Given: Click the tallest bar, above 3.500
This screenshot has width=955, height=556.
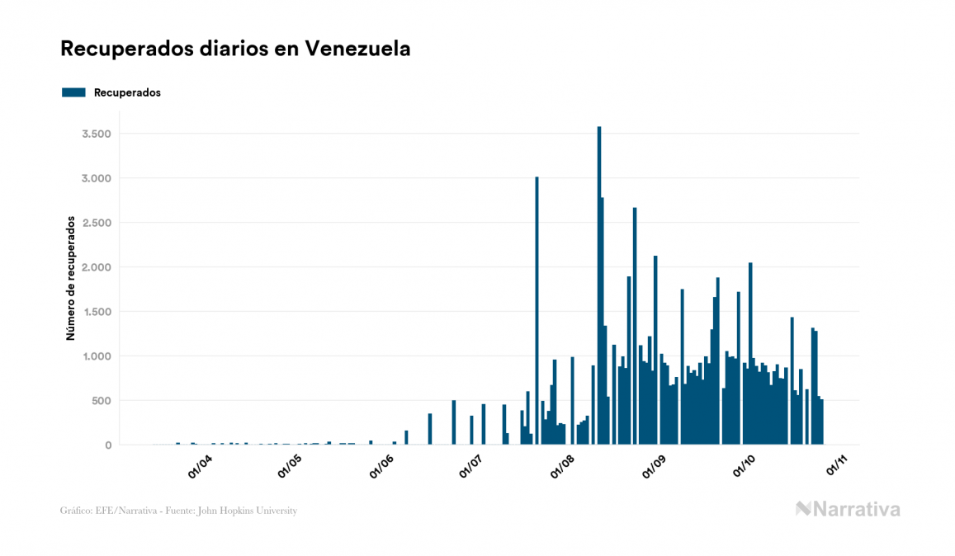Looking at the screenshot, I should point(599,289).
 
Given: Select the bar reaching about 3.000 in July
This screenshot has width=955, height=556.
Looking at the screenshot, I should point(537,313).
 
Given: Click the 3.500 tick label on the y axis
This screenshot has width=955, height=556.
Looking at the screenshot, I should point(97,134).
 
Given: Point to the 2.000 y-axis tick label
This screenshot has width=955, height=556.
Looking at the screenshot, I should point(97,267).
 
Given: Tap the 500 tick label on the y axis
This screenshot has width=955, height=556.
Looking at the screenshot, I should point(101,401).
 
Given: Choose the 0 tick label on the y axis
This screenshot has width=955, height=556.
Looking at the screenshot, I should point(107,445).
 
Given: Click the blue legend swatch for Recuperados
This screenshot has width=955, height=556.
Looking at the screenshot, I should point(73,92).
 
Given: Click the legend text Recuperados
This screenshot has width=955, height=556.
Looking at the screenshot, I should point(127,92).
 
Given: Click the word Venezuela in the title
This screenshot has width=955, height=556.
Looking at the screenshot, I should point(357,49).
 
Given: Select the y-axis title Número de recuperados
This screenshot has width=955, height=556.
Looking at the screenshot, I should point(71,278).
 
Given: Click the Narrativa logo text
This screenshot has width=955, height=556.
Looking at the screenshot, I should point(856,509).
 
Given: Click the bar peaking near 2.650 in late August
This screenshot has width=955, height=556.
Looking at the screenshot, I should point(635,330).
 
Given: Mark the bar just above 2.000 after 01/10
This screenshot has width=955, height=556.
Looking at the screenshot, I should point(750,355).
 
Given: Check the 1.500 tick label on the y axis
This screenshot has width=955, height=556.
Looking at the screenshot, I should point(97,312).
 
